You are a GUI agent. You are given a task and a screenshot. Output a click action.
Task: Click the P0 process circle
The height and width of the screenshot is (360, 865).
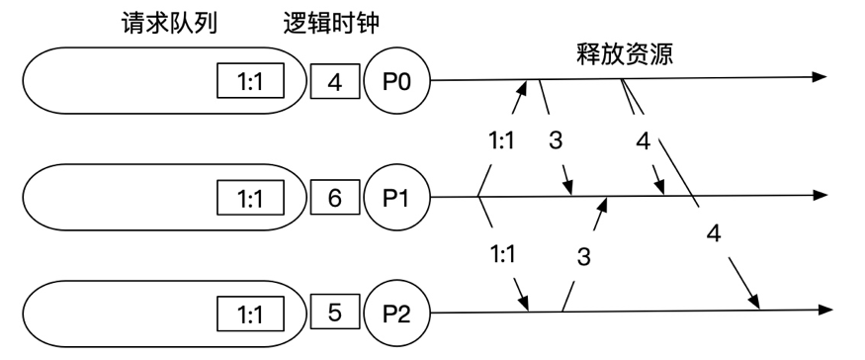(x=393, y=79)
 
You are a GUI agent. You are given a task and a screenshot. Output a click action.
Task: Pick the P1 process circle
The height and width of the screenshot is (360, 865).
(x=393, y=198)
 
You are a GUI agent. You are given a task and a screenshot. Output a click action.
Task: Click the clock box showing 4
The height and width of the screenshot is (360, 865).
(x=334, y=80)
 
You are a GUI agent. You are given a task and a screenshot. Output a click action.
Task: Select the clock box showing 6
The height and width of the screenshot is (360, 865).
(x=334, y=199)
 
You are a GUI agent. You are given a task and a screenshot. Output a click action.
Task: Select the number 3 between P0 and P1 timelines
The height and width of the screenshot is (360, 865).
(x=555, y=140)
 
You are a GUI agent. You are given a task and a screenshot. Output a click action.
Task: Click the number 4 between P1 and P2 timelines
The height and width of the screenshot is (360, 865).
(x=713, y=234)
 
